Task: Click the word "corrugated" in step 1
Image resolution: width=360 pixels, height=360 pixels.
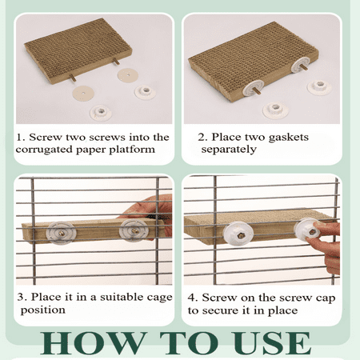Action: coord(44,150)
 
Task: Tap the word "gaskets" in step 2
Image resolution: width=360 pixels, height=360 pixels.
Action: coord(289,138)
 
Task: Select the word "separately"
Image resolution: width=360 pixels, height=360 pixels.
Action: coord(229,150)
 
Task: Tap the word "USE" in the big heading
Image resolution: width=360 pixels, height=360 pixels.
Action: coord(270,343)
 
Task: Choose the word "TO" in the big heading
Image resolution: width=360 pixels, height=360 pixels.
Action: coord(189,343)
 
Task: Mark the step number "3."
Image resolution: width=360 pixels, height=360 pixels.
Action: coord(22,297)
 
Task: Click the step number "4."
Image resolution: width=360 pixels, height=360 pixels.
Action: coord(193,298)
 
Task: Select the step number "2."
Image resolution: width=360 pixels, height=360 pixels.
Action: coord(202,137)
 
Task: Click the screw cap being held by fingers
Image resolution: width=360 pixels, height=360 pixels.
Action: coord(307,230)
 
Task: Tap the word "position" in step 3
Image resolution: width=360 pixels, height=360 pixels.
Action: coord(43,310)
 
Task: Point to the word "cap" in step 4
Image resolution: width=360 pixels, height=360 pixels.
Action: coord(326,298)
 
